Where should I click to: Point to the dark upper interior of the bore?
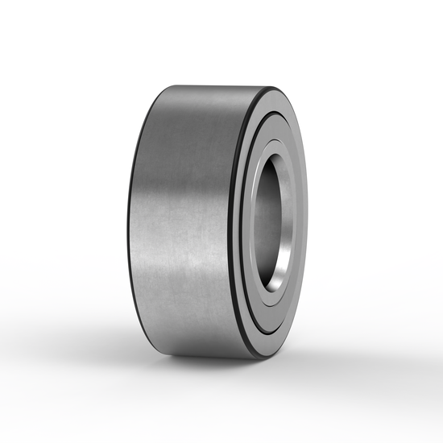pos(269,173)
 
